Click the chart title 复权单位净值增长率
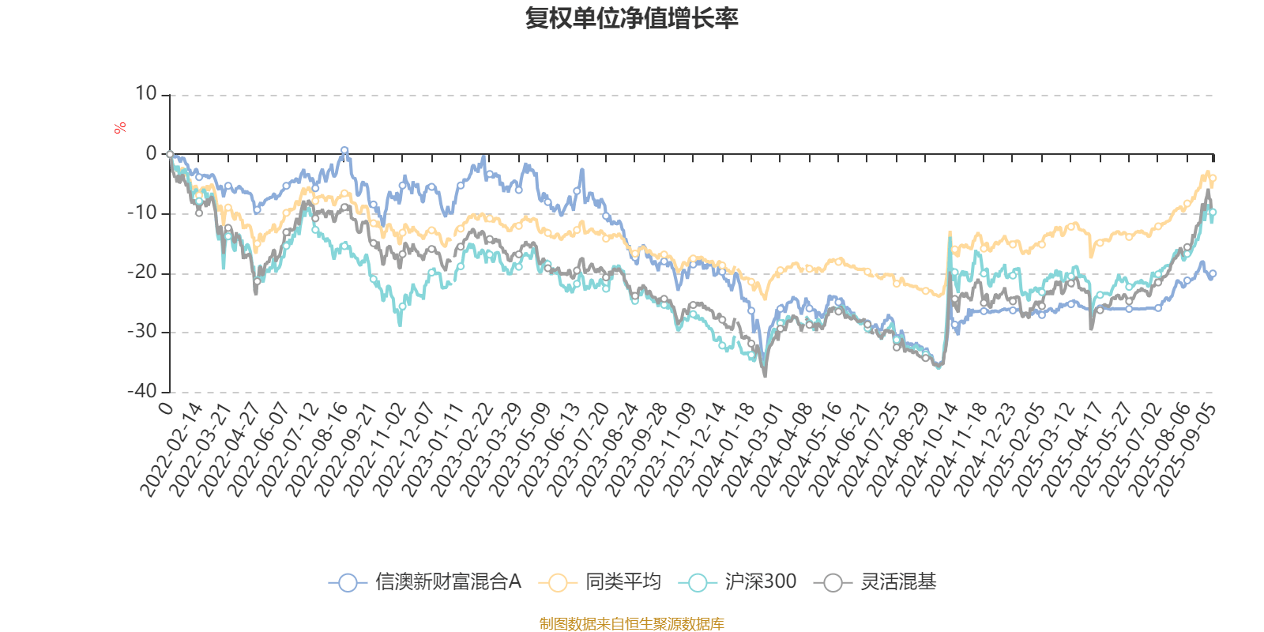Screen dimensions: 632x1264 (631, 17)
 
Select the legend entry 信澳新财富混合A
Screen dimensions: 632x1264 (426, 583)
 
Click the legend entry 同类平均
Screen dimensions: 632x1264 (600, 583)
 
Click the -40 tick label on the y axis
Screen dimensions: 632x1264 (142, 391)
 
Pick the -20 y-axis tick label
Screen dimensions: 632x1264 (142, 273)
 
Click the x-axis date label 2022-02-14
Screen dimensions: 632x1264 (173, 449)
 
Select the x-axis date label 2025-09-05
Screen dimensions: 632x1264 (1185, 449)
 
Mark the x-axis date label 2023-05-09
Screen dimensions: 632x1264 (521, 449)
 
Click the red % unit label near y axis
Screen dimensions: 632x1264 (120, 128)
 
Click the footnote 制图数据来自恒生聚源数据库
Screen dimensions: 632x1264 (631, 624)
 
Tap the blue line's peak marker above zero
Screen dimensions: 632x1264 (344, 150)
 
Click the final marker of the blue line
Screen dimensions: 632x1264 (1213, 273)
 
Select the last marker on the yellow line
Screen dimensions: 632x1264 (1213, 179)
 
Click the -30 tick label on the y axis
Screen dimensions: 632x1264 (142, 332)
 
